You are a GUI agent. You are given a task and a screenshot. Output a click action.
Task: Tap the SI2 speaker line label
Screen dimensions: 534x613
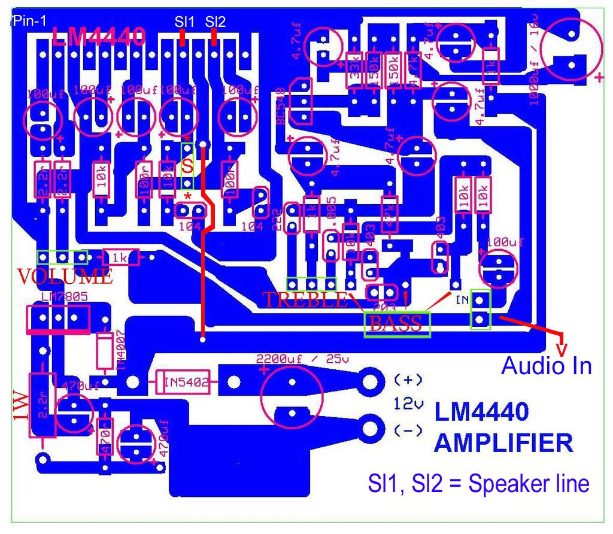pos(215,22)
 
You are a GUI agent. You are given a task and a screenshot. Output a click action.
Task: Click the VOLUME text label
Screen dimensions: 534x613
pos(65,277)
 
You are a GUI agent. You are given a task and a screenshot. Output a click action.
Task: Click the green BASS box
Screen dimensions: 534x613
pos(397,324)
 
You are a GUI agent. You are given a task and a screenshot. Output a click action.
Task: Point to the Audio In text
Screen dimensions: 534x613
pos(546,365)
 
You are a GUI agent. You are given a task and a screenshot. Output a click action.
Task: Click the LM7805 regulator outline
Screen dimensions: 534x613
pos(58,318)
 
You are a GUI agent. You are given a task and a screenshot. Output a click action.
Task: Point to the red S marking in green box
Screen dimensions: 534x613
pos(187,166)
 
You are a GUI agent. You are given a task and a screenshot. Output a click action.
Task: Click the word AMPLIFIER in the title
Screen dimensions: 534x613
pos(503,444)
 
